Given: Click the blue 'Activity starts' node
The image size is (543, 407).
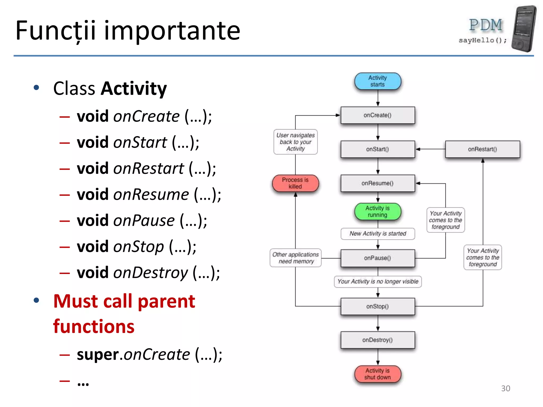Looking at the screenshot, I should click(378, 81).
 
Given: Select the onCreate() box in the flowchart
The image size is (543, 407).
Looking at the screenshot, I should click(378, 115).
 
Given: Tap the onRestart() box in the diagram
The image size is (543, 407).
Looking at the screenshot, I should click(482, 149).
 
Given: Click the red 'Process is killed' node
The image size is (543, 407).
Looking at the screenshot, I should click(295, 183).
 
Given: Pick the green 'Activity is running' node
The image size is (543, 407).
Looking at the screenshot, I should click(378, 211).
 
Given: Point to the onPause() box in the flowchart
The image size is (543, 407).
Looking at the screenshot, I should click(378, 258).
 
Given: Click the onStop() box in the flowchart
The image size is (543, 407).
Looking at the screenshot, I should click(378, 306).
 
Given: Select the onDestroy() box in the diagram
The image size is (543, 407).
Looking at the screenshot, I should click(378, 340).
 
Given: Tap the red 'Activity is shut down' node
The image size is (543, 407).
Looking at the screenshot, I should click(378, 374).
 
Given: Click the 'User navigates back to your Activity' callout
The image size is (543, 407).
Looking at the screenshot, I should click(295, 142).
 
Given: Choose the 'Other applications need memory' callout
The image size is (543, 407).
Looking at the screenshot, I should click(295, 258).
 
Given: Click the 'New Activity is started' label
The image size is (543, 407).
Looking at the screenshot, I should click(378, 233).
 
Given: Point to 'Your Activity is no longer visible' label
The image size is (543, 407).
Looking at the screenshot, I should click(378, 281).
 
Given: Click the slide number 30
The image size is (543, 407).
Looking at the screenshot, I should click(505, 388).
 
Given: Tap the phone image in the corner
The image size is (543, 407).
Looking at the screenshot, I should click(524, 29).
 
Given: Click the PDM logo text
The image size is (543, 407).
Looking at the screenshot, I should click(485, 25).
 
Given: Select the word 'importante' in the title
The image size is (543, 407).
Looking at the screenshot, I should click(172, 31).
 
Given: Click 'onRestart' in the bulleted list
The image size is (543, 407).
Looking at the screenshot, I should click(148, 169).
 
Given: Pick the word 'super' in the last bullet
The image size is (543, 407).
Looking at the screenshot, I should click(98, 355).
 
